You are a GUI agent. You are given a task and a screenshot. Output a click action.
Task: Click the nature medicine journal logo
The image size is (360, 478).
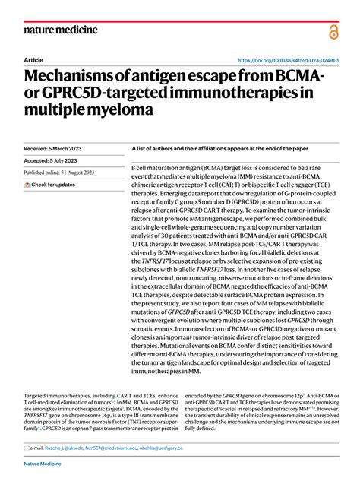(x=60, y=30)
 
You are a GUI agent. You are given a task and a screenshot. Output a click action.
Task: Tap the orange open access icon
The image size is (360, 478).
(x=334, y=31)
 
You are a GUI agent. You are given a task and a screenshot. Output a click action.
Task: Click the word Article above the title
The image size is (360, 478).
(x=34, y=59)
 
